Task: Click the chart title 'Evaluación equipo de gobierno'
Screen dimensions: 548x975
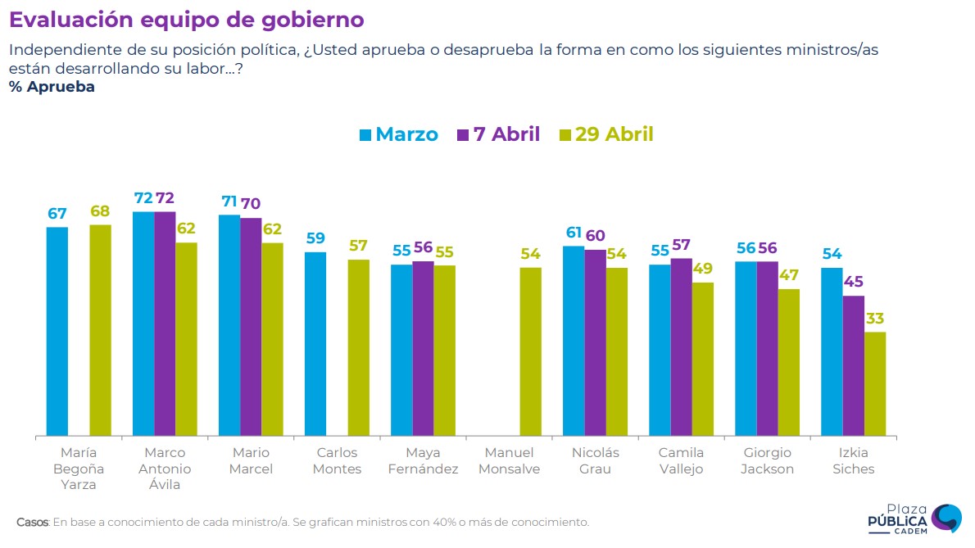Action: pos(186,20)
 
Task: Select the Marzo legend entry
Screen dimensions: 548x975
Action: pos(399,134)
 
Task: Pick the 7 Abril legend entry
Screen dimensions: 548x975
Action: pos(498,134)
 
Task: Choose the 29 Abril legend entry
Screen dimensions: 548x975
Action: pos(605,134)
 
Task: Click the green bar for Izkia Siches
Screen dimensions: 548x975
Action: pos(875,383)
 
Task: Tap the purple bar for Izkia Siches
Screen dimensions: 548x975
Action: pos(854,365)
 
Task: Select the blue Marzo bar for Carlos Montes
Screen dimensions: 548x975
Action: pos(315,344)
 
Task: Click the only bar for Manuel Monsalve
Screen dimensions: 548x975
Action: pos(531,351)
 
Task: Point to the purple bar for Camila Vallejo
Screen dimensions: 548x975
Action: pos(682,346)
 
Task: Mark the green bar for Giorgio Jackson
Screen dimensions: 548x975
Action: pos(789,362)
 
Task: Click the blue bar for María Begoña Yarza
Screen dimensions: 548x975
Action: pos(57,331)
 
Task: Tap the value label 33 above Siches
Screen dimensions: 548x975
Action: pos(875,319)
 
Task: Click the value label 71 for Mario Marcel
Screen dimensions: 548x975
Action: pos(229,202)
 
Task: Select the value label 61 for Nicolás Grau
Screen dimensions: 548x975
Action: pos(574,233)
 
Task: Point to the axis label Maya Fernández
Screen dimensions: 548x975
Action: pos(423,461)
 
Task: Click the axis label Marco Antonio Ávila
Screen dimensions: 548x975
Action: pos(165,469)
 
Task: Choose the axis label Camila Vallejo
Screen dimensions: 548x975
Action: pos(682,461)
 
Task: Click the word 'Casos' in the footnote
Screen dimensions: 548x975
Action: pos(33,522)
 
